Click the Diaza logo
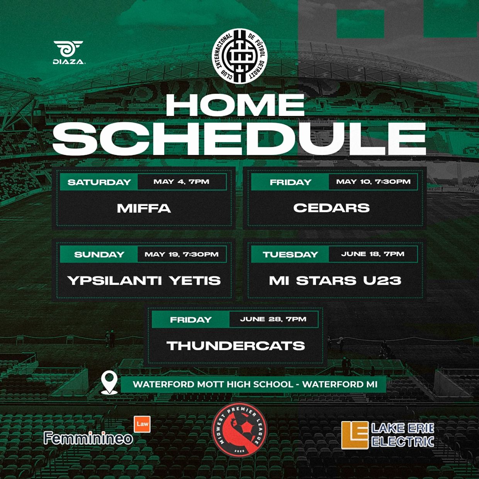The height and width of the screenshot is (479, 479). [69, 52]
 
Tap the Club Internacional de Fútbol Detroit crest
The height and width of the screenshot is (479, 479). [240, 56]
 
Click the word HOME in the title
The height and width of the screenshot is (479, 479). [235, 105]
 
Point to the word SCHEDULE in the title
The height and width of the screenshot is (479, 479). [239, 139]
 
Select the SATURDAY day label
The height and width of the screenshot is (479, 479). [99, 182]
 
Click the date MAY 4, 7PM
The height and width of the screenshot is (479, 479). [181, 182]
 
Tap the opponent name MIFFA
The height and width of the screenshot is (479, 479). [144, 209]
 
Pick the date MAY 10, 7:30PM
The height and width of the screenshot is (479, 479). [373, 182]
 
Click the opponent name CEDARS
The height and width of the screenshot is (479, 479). [331, 208]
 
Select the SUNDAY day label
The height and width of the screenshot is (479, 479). [99, 255]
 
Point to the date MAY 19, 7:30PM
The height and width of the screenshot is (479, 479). [182, 255]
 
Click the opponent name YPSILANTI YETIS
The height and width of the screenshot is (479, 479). [144, 281]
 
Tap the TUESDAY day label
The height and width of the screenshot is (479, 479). [290, 255]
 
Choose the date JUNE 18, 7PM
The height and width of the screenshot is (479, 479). [373, 254]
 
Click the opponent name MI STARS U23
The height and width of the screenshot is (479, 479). [335, 281]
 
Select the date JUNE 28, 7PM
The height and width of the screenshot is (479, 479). [273, 319]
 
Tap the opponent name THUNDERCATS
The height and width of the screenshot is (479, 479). [236, 346]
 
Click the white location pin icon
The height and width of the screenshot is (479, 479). [109, 382]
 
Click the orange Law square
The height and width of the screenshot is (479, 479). [142, 424]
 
